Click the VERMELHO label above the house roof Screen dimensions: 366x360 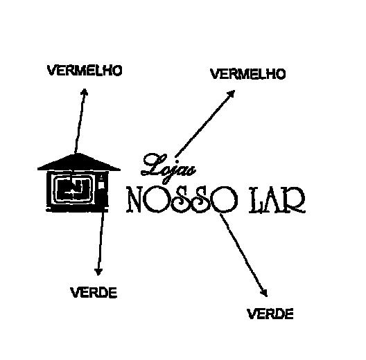click(85, 71)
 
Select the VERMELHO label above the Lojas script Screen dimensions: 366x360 click(248, 74)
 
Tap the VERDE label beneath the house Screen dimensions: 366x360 click(94, 293)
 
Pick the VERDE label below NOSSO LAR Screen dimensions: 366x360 click(270, 314)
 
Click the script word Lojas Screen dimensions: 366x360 click(168, 168)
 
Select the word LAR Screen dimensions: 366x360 click(277, 200)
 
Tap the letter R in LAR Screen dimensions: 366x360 click(295, 200)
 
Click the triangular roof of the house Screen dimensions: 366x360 click(79, 162)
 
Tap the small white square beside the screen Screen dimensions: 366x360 click(101, 185)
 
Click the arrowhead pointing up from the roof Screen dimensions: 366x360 click(85, 91)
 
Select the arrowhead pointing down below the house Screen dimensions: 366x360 click(98, 271)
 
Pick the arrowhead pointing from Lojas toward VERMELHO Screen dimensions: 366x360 click(232, 93)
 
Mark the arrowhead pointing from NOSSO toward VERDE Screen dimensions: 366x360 click(265, 293)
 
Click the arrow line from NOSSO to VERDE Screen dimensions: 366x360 click(244, 255)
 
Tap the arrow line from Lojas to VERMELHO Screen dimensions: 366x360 click(205, 123)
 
